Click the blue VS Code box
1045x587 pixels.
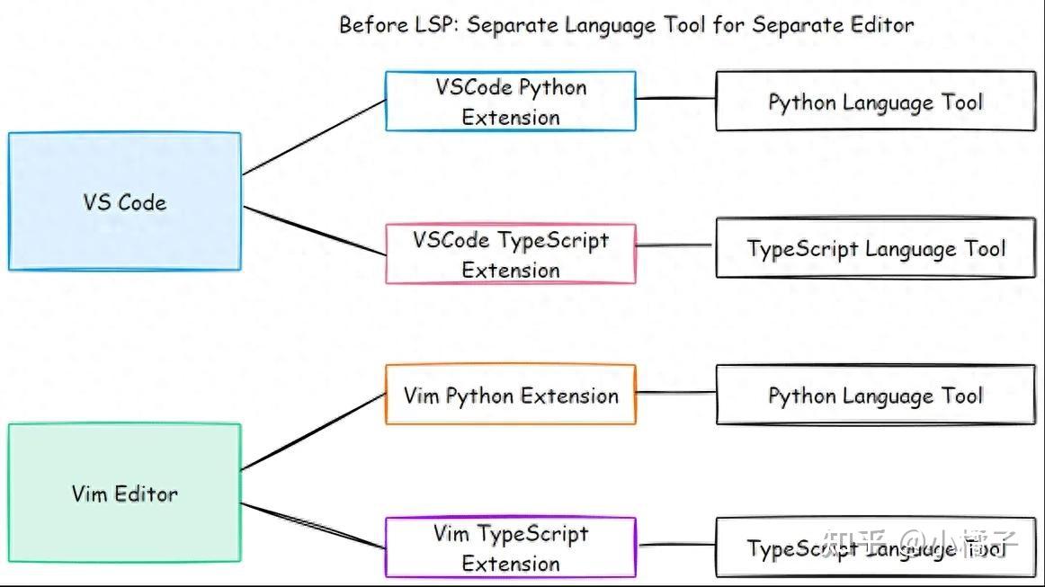124,201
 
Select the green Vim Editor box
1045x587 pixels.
124,493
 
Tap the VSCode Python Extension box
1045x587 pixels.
510,102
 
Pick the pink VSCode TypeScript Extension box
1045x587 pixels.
510,254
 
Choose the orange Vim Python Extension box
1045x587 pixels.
510,395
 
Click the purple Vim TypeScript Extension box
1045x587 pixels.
510,547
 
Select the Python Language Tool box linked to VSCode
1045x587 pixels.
874,102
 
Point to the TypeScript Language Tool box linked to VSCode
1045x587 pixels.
874,248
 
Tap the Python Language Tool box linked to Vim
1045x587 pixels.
874,395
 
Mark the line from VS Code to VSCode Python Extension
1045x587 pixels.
314,137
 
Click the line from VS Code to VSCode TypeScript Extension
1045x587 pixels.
314,231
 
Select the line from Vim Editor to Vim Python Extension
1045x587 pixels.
314,431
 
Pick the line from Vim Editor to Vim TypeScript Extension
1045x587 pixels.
314,526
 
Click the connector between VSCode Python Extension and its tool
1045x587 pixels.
675,99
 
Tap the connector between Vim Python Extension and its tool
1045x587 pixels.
675,393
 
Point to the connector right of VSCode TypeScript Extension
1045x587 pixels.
675,245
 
